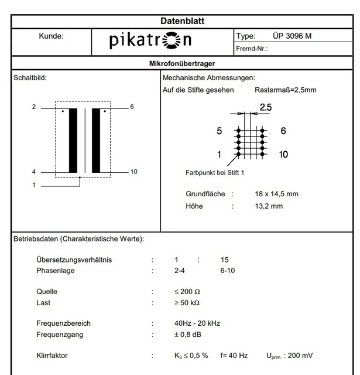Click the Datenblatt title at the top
coord(182,21)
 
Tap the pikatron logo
coord(150,41)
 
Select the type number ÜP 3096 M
coord(292,36)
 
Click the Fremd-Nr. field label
coord(252,49)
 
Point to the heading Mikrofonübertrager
coord(182,63)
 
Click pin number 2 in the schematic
coord(34,107)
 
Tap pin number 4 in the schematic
coord(34,172)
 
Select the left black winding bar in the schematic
coord(73,140)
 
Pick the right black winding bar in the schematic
coord(96,140)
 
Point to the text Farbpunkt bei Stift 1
coord(215,173)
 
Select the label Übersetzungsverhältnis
coord(74,260)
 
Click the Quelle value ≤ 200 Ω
coord(187,291)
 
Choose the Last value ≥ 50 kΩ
coord(187,303)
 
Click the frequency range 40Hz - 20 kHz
coord(197,323)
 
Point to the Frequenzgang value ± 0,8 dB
coord(188,335)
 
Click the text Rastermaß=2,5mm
coord(286,90)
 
